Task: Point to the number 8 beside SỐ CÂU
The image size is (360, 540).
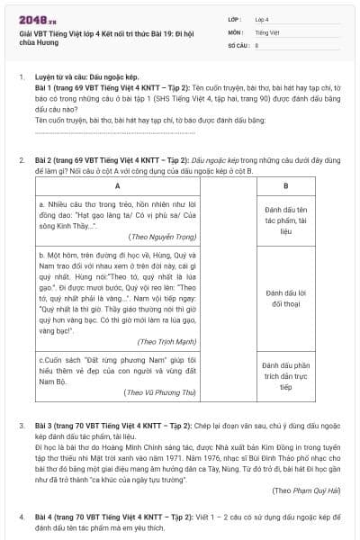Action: [257, 44]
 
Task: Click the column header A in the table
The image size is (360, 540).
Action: [118, 186]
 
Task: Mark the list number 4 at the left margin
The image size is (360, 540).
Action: [22, 518]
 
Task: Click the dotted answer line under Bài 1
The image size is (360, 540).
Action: [108, 130]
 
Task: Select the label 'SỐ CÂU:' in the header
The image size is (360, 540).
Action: [238, 44]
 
